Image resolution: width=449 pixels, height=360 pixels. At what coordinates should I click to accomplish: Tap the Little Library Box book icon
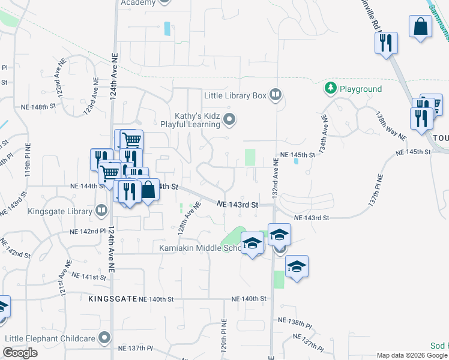tap(276, 95)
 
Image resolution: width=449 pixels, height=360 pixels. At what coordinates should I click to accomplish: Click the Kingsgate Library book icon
tap(101, 211)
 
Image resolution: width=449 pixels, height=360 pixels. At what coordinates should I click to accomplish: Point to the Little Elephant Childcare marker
tap(105, 338)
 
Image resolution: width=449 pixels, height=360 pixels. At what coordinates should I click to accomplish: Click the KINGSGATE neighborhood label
tap(112, 299)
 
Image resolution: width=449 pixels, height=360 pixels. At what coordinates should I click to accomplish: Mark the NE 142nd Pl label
tap(88, 231)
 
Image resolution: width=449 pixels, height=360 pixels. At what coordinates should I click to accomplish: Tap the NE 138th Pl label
tap(296, 322)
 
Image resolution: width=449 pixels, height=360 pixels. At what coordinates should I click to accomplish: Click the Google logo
tap(20, 353)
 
